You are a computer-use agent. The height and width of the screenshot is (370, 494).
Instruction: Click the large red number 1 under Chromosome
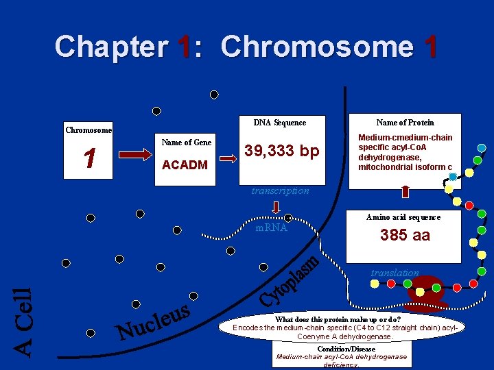click(89, 159)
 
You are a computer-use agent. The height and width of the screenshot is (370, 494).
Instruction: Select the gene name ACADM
click(184, 165)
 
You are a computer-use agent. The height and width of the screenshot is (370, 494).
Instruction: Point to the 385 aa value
click(405, 235)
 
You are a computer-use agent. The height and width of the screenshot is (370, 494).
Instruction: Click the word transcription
click(280, 191)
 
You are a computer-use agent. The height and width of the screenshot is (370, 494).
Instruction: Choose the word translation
click(395, 273)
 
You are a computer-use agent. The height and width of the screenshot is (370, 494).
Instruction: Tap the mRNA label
click(271, 227)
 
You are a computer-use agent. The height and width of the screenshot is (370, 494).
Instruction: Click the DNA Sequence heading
click(280, 123)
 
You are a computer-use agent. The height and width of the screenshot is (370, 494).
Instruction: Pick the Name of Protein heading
click(405, 123)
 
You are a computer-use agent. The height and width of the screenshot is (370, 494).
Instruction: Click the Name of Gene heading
click(186, 143)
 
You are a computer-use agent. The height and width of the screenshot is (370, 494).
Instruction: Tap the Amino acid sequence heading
click(403, 217)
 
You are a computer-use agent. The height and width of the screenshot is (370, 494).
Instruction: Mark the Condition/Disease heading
click(346, 349)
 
